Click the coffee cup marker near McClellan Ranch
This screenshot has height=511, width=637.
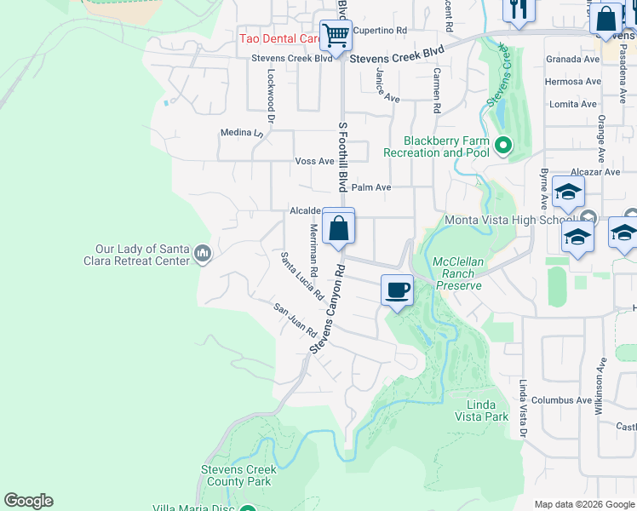click(x=397, y=291)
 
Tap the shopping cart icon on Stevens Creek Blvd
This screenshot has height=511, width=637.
click(x=336, y=37)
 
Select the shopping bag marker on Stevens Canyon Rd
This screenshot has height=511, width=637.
click(x=339, y=228)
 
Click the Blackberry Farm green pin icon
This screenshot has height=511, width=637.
click(x=502, y=146)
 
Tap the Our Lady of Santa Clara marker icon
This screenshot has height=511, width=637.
click(x=203, y=253)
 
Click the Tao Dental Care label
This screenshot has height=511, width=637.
click(x=278, y=38)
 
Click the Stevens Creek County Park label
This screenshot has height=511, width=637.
click(x=238, y=475)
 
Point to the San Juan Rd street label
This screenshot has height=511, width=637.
click(x=296, y=320)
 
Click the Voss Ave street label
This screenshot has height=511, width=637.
click(x=314, y=161)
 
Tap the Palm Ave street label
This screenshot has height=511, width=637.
click(x=371, y=187)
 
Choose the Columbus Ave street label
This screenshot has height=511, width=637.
click(x=561, y=400)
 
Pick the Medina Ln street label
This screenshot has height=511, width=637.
click(x=242, y=133)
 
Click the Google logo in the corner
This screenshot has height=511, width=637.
click(x=28, y=501)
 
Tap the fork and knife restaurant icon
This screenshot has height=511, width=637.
click(x=516, y=10)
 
